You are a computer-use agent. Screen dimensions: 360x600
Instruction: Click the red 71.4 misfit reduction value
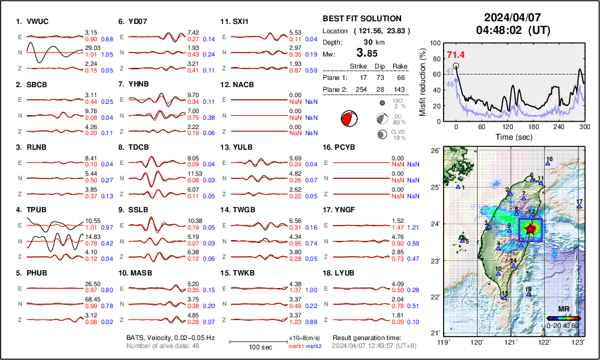(x=456, y=55)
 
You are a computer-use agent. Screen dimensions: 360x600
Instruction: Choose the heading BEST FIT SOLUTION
(x=361, y=19)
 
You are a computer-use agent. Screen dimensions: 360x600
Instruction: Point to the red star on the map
(x=530, y=228)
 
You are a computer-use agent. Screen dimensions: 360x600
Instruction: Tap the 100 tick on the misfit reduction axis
(x=436, y=43)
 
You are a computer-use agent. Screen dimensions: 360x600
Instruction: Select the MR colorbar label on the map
(x=563, y=309)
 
